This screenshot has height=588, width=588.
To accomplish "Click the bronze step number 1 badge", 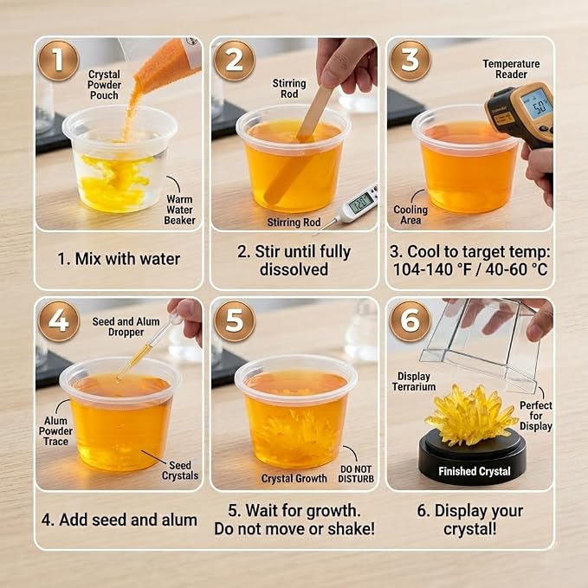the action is pos(59,60).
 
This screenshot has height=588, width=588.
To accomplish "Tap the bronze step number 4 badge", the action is pos(59,320).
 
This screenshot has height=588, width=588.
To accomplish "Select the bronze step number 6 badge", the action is pos(410,320).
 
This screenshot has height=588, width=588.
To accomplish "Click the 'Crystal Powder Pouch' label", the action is pos(104,85).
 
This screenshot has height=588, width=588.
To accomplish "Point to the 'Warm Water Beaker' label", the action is pos(179,210).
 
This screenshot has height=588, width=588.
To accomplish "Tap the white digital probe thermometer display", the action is pos(359,203).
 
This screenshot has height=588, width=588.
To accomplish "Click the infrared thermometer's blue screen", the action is pos(538,104).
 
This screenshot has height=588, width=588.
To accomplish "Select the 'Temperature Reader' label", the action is pos(511,69).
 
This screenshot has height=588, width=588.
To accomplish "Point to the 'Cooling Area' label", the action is pos(410,215).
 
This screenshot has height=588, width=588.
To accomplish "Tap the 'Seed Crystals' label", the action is pos(180,470).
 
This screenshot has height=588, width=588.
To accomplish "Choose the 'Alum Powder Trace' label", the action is pos(55,431).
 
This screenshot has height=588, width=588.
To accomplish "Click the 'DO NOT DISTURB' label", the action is pos(356,474).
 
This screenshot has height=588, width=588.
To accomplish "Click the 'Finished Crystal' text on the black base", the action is pos(475,471).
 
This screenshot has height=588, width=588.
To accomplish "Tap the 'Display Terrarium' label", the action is pos(414,381).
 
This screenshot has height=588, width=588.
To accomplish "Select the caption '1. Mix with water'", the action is pos(119,259).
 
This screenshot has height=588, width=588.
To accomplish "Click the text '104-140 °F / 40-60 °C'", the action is pos(470,269).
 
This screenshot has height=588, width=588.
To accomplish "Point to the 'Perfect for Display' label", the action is pos(536,416).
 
